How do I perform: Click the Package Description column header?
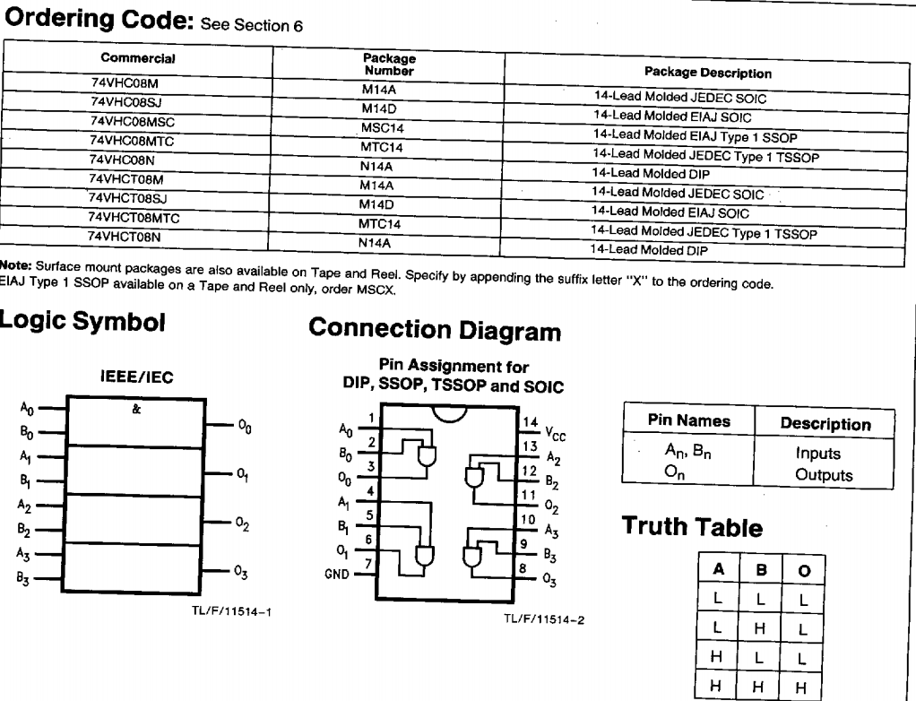tap(707, 73)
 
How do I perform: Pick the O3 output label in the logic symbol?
tap(241, 571)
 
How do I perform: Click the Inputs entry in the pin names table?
tap(817, 454)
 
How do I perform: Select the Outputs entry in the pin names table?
tap(824, 475)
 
